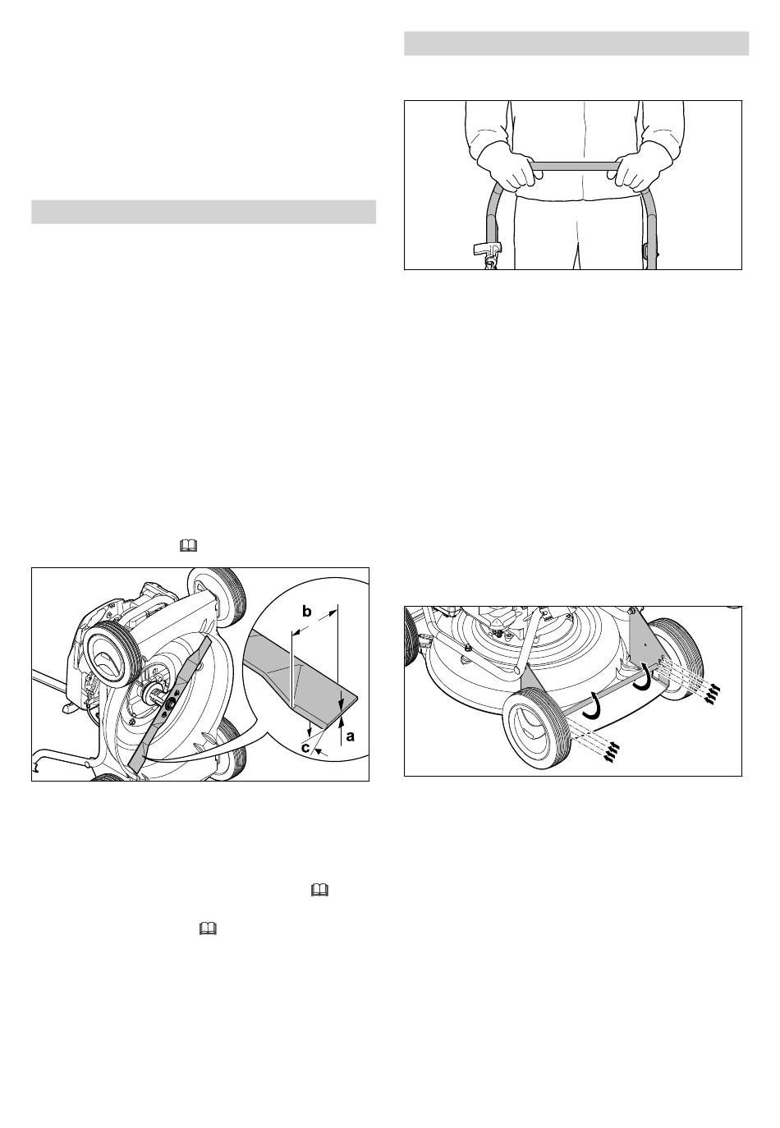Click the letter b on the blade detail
pos(306,612)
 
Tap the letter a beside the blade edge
pos(351,736)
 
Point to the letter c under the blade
pos(305,748)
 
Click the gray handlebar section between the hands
pos(574,166)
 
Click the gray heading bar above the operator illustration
pos(576,44)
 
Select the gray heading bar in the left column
pos(204,212)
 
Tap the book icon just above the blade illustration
pos(188,545)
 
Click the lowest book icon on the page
pos(208,929)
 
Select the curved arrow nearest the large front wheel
pos(593,705)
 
